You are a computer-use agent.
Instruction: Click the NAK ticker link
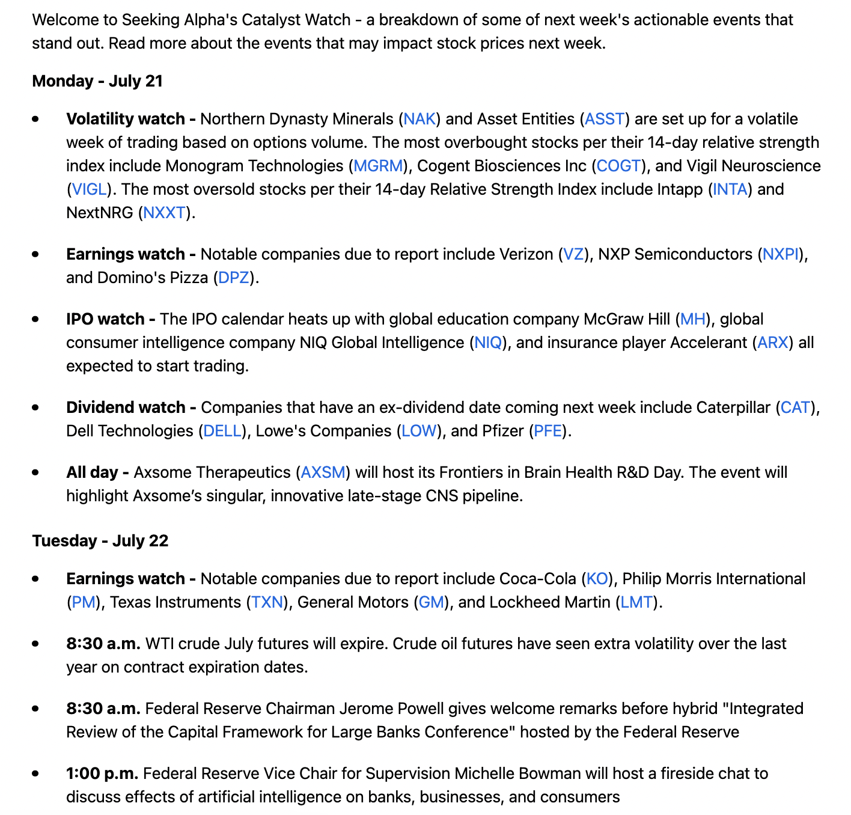419,119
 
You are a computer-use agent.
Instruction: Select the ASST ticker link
605,119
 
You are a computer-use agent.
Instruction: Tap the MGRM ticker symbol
377,166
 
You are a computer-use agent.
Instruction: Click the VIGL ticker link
89,189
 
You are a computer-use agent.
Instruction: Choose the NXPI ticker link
781,254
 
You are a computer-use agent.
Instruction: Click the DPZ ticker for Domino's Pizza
234,278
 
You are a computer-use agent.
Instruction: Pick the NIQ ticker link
487,343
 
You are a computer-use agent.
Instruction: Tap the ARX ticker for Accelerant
773,343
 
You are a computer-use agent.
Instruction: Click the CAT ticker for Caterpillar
795,407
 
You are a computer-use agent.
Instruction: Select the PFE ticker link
548,431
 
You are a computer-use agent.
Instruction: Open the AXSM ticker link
323,472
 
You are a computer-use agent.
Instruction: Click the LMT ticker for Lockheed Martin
636,602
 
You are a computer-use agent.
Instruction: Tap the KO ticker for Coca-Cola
597,579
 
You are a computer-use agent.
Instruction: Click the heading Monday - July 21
97,81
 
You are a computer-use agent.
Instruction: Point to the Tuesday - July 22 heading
100,541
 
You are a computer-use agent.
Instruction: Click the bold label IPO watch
105,319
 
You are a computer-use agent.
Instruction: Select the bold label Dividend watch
126,407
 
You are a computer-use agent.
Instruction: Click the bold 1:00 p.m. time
102,774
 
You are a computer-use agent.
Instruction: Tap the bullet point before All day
36,472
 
